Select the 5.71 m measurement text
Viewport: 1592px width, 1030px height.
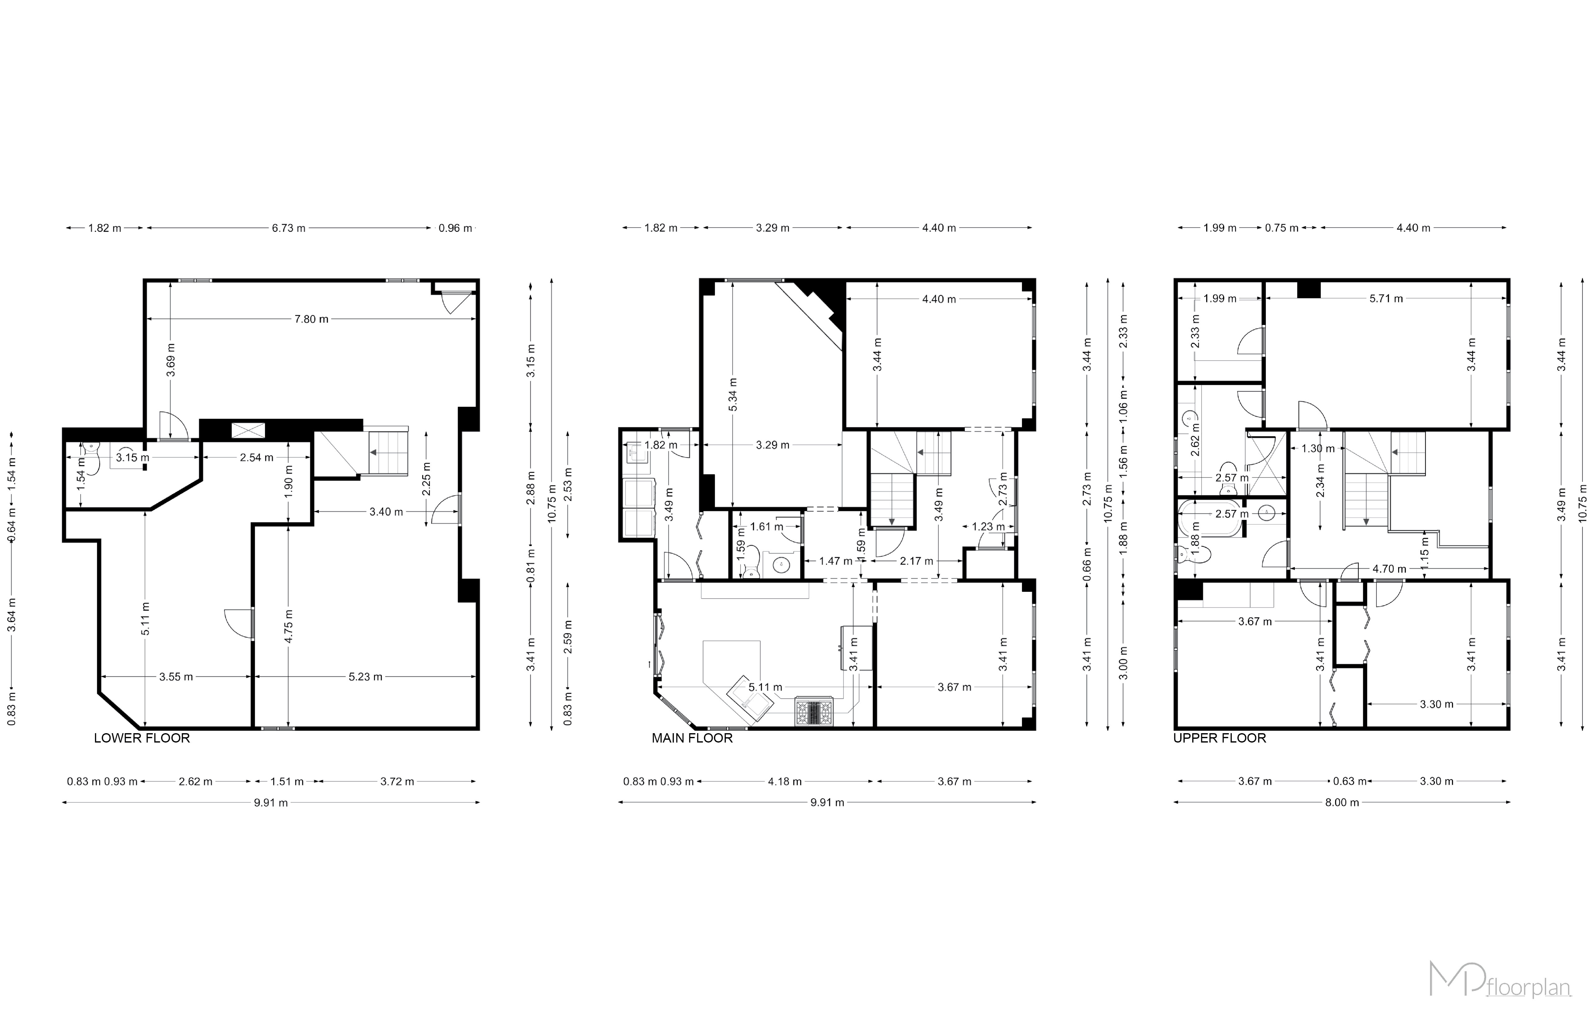pyautogui.click(x=1386, y=298)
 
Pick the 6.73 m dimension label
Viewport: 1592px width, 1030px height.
pyautogui.click(x=288, y=228)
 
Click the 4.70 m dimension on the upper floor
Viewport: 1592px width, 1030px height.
pyautogui.click(x=1389, y=569)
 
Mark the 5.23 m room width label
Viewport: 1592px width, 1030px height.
pyautogui.click(x=365, y=677)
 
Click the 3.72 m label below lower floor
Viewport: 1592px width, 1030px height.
pyautogui.click(x=397, y=781)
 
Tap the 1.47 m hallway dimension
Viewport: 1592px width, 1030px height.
pyautogui.click(x=835, y=561)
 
